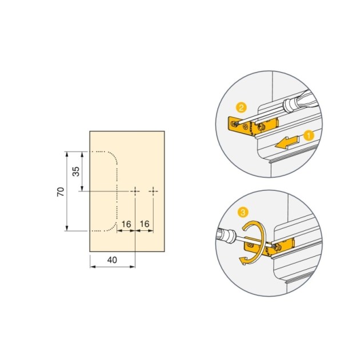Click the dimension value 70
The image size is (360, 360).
click(60, 191)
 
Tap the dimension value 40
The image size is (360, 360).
click(112, 259)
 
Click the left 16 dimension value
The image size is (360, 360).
click(126, 223)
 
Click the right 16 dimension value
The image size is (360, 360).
click(145, 223)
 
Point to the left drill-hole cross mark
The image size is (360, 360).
click(135, 191)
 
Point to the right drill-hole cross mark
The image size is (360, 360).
click(154, 191)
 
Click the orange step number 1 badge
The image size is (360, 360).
click(308, 135)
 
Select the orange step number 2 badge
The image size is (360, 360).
click(242, 107)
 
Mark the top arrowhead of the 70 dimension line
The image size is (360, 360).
click(67, 153)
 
